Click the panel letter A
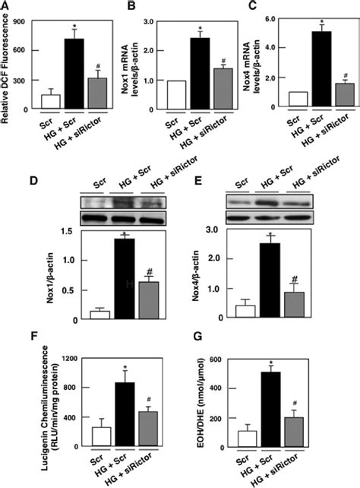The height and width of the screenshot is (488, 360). [7, 6]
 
